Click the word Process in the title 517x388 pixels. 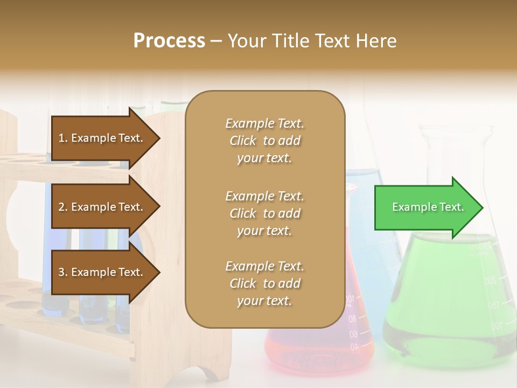(169, 40)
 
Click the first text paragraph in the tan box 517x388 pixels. (264, 141)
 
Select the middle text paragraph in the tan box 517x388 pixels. (264, 213)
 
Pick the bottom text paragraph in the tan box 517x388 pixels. (264, 283)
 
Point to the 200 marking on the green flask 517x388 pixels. (490, 281)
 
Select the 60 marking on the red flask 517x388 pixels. (353, 335)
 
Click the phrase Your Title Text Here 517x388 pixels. (312, 40)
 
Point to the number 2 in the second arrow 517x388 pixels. (61, 207)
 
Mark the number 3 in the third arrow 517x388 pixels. (61, 272)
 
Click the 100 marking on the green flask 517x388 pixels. (495, 325)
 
